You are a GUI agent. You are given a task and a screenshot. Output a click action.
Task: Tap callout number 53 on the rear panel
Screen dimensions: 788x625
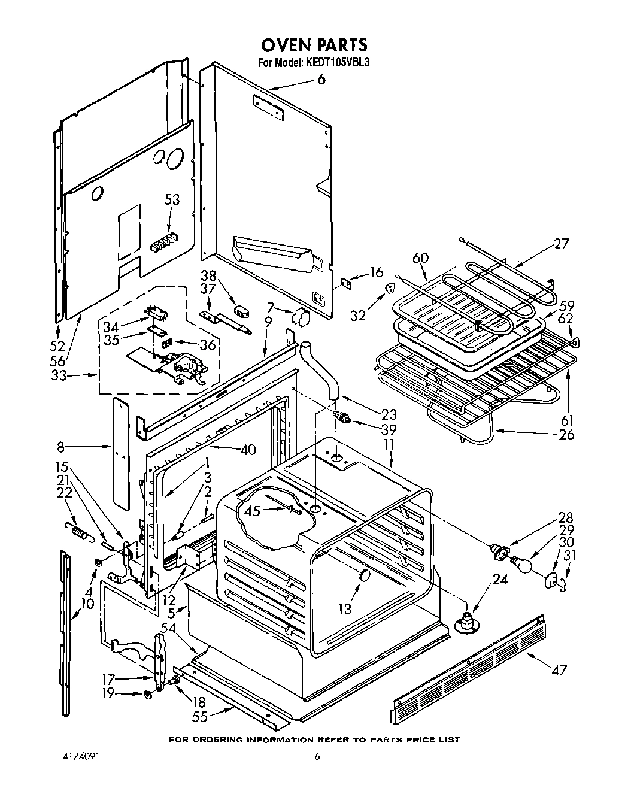coord(172,199)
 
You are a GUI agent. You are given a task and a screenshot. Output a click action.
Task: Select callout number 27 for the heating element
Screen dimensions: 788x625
coord(561,244)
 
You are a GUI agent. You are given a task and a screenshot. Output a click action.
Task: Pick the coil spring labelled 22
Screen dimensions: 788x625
coord(77,529)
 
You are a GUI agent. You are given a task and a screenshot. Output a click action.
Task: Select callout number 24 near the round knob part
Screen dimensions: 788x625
coord(500,580)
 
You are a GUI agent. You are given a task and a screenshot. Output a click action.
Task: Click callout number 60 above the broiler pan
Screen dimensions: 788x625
coord(421,257)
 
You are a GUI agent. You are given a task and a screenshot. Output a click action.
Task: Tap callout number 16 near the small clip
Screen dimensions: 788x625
coord(376,273)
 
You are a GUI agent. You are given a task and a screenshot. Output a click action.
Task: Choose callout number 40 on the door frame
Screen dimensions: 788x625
coord(248,449)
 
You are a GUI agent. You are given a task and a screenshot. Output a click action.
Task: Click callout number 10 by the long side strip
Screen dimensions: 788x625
coord(87,604)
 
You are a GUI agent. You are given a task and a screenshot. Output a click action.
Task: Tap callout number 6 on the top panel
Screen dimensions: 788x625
coord(321,80)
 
